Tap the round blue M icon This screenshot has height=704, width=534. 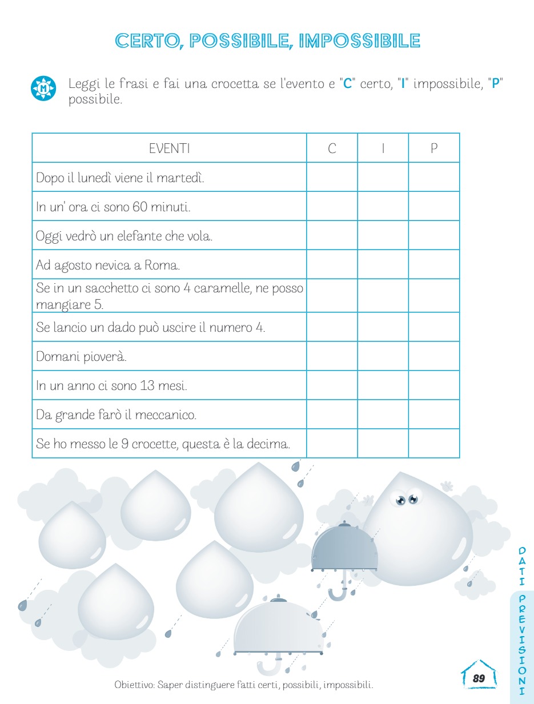point(43,88)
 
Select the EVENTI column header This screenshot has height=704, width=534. point(169,148)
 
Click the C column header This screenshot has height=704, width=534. point(332,148)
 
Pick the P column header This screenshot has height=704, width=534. point(434,148)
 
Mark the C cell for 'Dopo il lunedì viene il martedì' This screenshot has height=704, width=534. point(332,177)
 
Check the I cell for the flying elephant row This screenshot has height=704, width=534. point(383,235)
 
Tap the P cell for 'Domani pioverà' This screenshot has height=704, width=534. point(434,356)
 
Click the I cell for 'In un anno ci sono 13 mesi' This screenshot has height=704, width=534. point(383,385)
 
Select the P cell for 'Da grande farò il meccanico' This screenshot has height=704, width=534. point(434,415)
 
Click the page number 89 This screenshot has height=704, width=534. point(479,678)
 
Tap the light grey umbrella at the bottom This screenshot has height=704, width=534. point(279,628)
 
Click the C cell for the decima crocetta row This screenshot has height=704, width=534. point(332,444)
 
